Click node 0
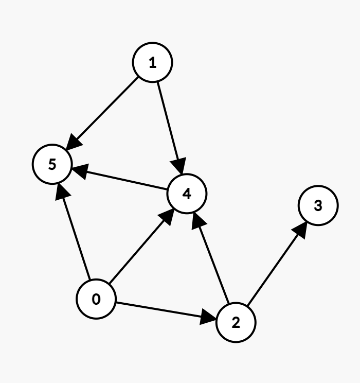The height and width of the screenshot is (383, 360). coord(96,299)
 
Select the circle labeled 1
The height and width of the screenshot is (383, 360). coord(152,63)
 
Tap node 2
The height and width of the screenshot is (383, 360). coord(236,323)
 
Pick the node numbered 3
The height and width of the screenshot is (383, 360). coord(318,205)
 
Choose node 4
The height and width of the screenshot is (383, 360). coord(187,194)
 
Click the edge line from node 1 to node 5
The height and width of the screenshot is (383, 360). coord(105,110)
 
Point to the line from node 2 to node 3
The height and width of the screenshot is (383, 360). coord(276,266)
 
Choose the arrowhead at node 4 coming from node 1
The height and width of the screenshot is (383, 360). coord(180,169)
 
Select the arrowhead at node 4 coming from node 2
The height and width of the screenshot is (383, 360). coord(197,218)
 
